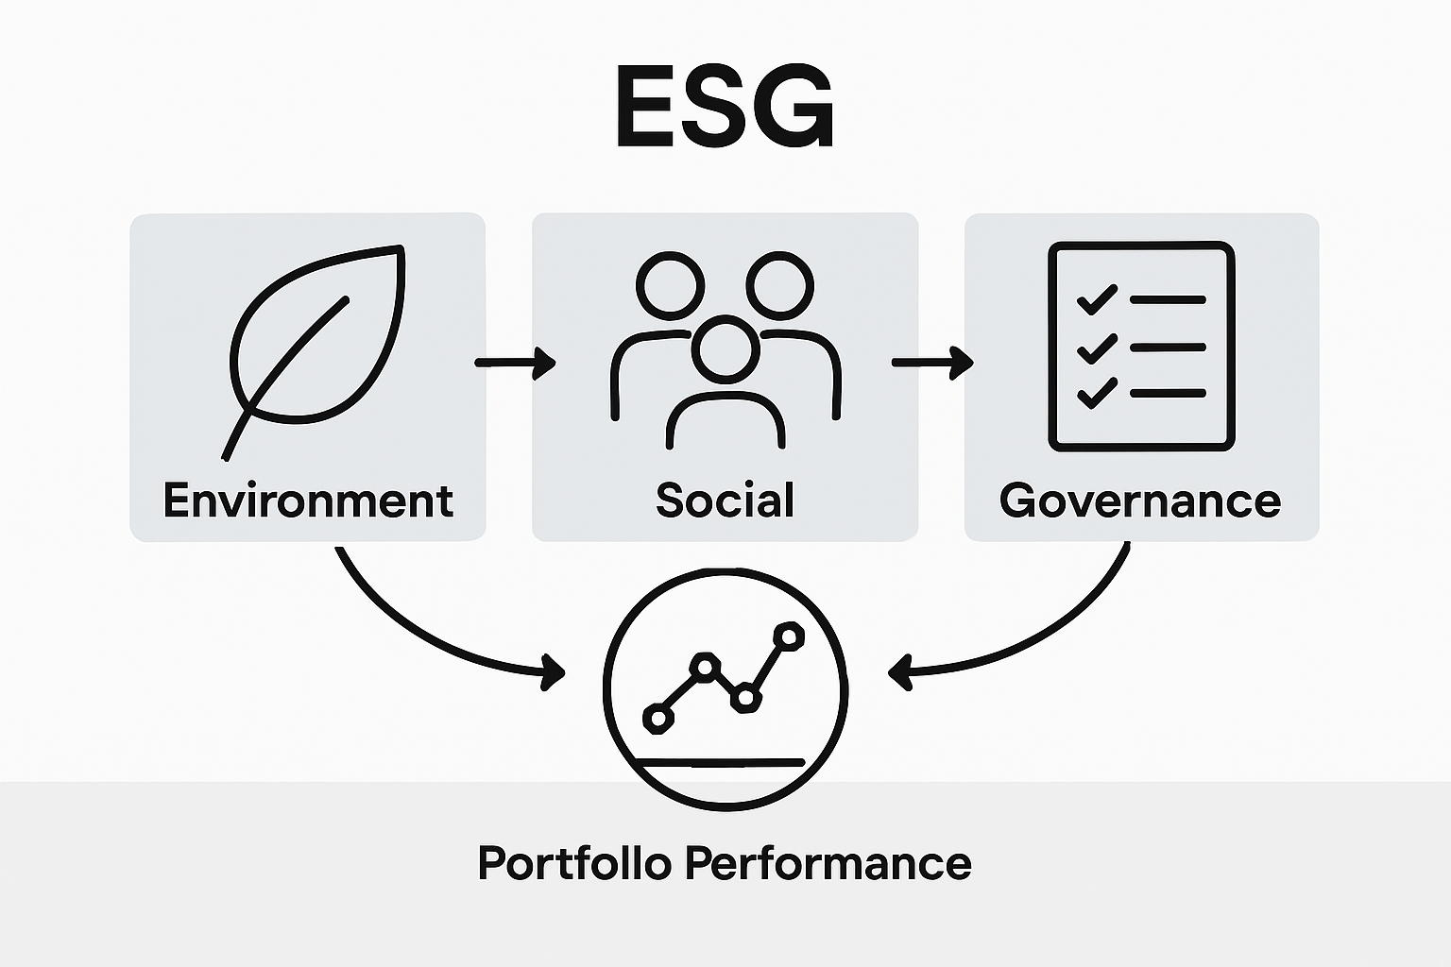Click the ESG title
[x=725, y=107]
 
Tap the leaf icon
[x=316, y=340]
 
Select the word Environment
[x=308, y=500]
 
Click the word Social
[x=725, y=500]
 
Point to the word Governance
[x=1140, y=500]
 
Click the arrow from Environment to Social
[x=515, y=363]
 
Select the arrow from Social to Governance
[x=931, y=363]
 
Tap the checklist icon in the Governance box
[x=1141, y=346]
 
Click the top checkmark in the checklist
[x=1097, y=300]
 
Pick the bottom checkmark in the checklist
[x=1097, y=392]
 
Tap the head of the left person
[x=671, y=284]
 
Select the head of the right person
[x=780, y=284]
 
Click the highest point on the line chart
[x=787, y=636]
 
